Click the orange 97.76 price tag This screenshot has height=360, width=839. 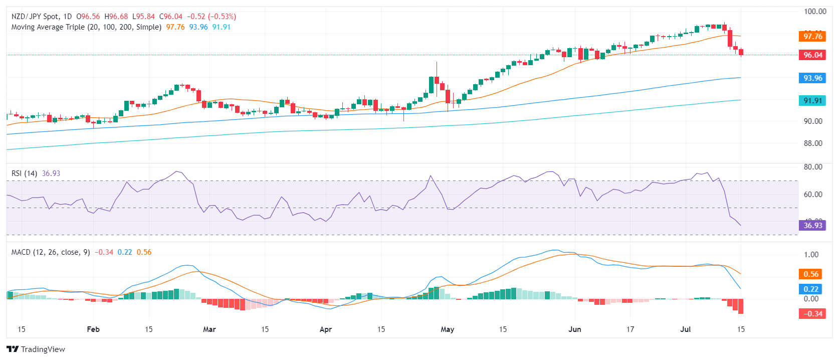point(812,36)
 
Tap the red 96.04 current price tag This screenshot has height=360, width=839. point(812,55)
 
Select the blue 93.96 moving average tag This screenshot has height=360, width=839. point(812,78)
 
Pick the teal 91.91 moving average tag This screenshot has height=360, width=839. point(812,101)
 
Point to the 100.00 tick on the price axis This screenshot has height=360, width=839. point(814,12)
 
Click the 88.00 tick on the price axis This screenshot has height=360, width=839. point(813,143)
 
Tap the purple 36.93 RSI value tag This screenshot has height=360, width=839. point(812,226)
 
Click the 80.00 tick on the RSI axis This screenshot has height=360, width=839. point(813,167)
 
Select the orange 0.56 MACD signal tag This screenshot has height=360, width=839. point(811,274)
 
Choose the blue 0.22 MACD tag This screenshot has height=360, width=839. point(811,289)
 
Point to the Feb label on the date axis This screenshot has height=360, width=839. point(93,329)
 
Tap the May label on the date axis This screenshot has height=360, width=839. point(447,329)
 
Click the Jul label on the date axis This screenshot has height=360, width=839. point(685,329)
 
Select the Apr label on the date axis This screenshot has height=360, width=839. point(326,329)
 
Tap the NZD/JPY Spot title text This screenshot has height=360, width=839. point(36,17)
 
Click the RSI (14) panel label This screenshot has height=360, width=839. point(24,173)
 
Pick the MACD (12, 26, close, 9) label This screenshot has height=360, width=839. point(51,252)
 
